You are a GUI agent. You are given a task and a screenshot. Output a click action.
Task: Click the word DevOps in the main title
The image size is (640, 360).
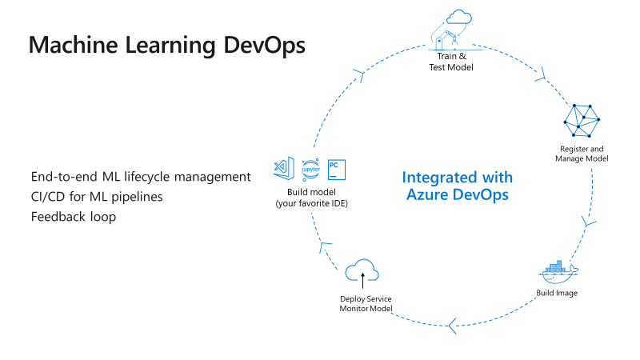click(x=265, y=45)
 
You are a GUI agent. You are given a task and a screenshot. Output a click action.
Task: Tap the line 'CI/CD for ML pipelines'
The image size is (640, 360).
click(x=97, y=197)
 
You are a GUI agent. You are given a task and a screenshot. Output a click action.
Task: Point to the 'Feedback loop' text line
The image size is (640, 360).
click(x=74, y=216)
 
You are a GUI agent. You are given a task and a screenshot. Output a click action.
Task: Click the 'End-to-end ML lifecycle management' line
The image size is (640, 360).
click(x=141, y=177)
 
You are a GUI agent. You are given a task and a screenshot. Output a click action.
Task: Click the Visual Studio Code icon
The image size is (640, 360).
click(x=284, y=168)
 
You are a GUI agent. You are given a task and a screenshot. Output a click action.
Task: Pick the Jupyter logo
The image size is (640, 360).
click(x=310, y=170)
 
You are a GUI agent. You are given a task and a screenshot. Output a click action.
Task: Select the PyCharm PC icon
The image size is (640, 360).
click(x=337, y=170)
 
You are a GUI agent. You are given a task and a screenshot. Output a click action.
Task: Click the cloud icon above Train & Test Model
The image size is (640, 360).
click(x=459, y=17)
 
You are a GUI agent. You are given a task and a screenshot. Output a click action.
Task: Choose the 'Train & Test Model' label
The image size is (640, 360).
click(x=451, y=62)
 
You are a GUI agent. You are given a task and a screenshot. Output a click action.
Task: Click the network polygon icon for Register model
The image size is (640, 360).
click(x=582, y=121)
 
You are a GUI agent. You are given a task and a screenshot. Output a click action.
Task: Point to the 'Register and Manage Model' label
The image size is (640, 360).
click(x=582, y=154)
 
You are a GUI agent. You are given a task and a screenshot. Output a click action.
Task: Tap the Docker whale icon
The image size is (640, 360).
click(x=558, y=272)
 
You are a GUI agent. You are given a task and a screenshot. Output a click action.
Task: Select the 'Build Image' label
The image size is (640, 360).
click(x=557, y=293)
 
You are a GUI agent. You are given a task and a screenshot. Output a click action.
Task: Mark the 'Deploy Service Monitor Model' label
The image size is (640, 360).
click(x=366, y=304)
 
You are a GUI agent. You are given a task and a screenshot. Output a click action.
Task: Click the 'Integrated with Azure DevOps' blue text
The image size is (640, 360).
click(x=457, y=186)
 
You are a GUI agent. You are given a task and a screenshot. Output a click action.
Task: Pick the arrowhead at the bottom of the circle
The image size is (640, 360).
click(x=452, y=326)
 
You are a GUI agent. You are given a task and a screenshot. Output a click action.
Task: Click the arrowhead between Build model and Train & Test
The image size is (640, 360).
click(x=359, y=75)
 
